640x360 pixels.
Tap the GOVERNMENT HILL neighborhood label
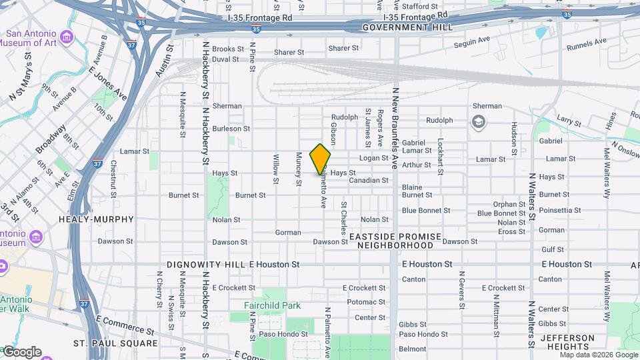pos(407,27)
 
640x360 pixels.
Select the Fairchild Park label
pos(272,306)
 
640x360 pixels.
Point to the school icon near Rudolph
pos(478,121)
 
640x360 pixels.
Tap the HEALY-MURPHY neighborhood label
pos(96,219)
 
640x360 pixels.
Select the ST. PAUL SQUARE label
pos(115,344)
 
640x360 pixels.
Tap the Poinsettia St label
pos(559,210)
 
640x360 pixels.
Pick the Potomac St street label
pos(366,302)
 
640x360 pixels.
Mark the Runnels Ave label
pos(587,45)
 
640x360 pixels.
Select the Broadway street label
pos(51,138)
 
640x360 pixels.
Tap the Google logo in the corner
pos(21,352)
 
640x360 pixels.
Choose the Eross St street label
pos(512,231)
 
